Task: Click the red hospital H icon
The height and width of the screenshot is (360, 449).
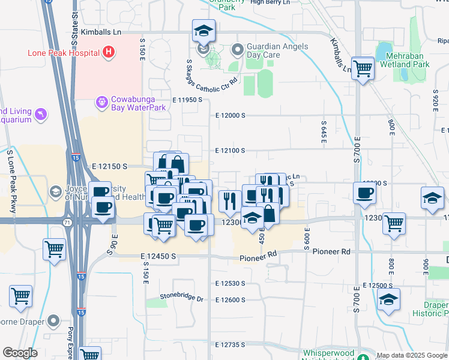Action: pyautogui.click(x=108, y=52)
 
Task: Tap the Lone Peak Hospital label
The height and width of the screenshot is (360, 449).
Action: pyautogui.click(x=63, y=53)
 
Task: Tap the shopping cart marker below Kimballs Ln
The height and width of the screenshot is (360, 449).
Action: pyautogui.click(x=363, y=69)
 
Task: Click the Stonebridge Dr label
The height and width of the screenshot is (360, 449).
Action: pyautogui.click(x=182, y=297)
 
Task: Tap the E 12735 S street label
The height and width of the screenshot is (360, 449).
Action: pyautogui.click(x=231, y=345)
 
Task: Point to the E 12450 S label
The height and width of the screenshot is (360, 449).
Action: pyautogui.click(x=158, y=256)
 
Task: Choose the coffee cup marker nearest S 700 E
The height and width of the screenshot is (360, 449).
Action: pyautogui.click(x=365, y=194)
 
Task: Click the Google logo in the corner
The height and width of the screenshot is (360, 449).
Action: pyautogui.click(x=20, y=353)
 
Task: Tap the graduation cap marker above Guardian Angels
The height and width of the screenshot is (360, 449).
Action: pyautogui.click(x=203, y=31)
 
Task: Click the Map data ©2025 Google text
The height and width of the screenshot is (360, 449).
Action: pyautogui.click(x=412, y=355)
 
